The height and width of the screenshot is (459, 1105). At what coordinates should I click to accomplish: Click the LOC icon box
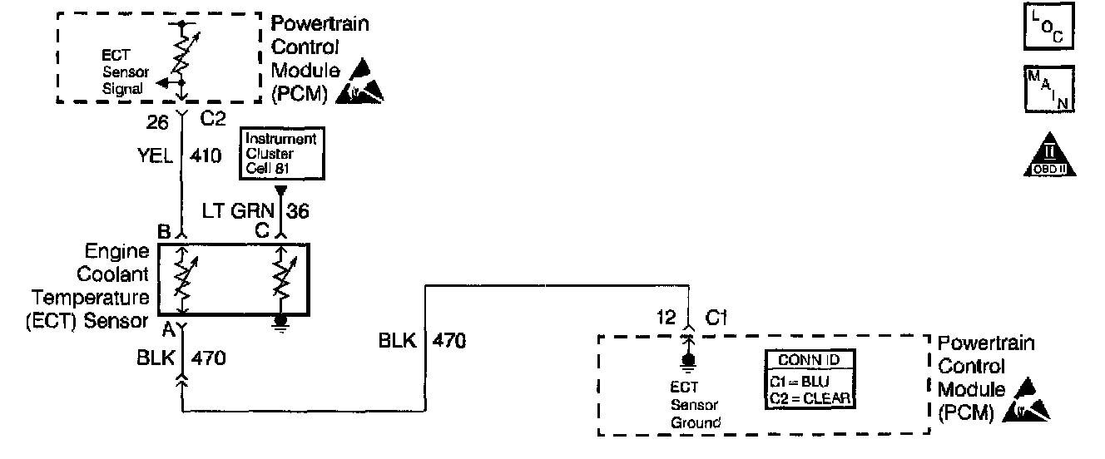(1048, 28)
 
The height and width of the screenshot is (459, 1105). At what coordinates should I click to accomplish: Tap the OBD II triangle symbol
(1048, 155)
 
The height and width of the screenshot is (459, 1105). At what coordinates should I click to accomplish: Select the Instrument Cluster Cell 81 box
(282, 153)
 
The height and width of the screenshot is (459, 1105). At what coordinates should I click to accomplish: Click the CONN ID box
(811, 379)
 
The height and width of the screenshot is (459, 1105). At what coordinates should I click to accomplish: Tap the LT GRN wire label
(248, 211)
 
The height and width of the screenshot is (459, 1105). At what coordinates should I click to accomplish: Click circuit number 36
(298, 211)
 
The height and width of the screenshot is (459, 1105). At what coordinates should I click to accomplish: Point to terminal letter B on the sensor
(165, 232)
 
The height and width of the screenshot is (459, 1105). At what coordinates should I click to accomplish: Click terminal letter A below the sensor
(167, 329)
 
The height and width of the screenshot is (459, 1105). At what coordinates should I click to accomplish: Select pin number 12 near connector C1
(666, 317)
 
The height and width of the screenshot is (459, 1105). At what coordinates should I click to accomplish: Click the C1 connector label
(717, 317)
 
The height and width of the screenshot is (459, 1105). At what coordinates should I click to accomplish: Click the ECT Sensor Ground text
(696, 404)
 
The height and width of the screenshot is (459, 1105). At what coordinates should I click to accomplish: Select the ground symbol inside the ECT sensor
(281, 321)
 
